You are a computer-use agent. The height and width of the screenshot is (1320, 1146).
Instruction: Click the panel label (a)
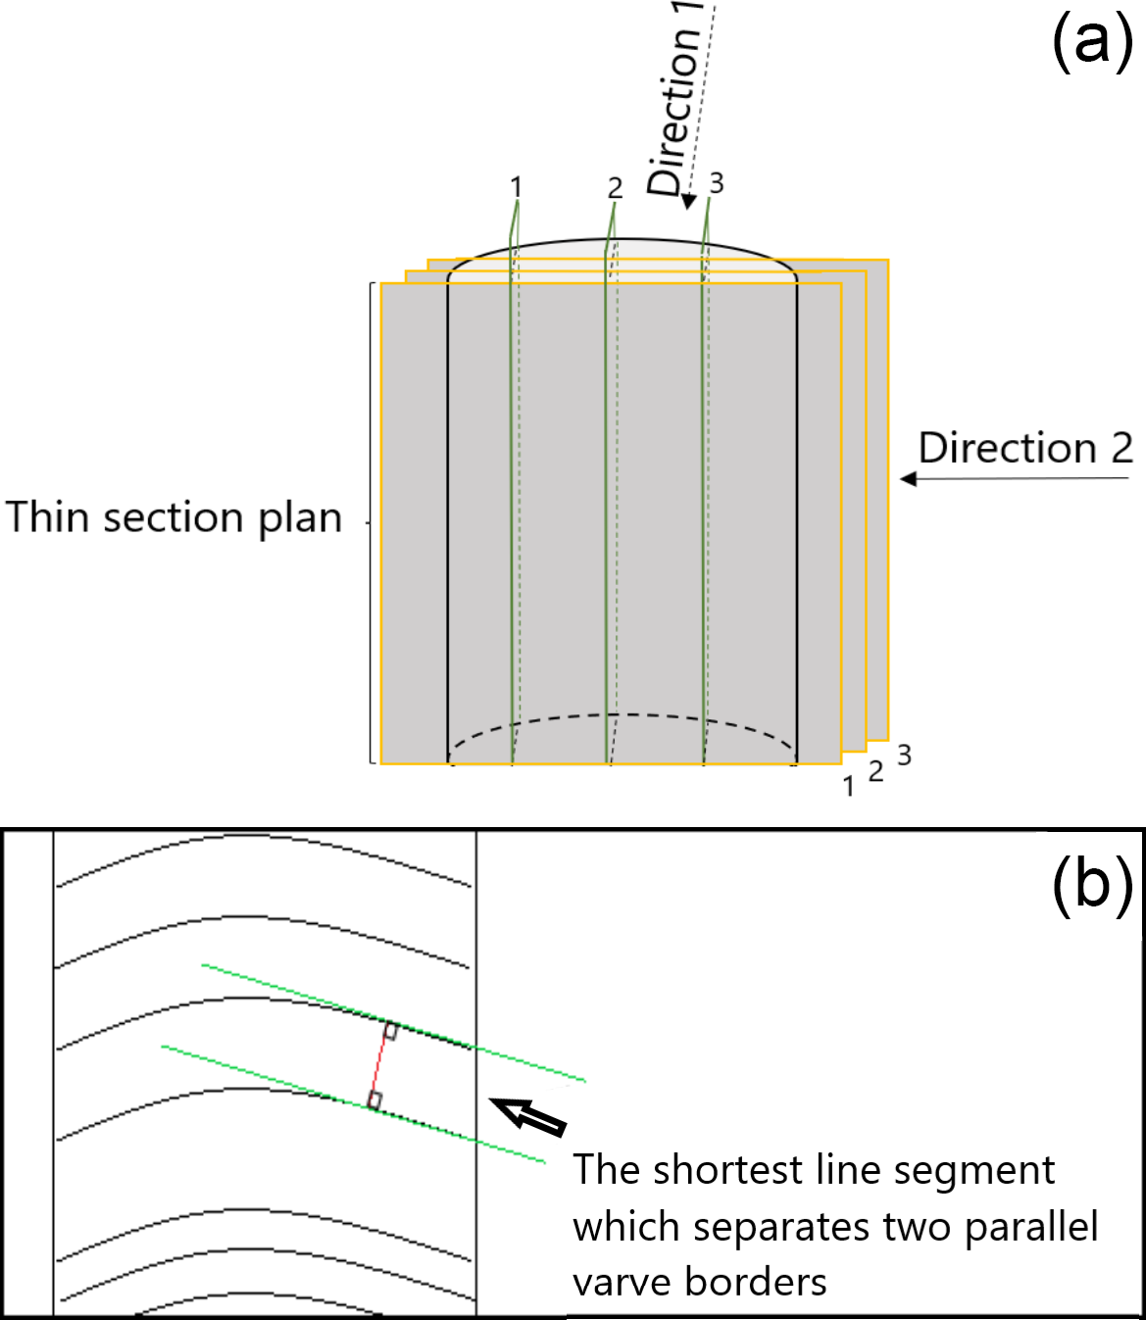(1092, 45)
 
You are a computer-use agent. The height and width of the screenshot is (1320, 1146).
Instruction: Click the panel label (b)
(1092, 884)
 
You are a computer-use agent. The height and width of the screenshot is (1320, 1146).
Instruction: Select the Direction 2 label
(1024, 448)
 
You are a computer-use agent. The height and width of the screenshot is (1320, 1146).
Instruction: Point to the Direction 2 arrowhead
(909, 479)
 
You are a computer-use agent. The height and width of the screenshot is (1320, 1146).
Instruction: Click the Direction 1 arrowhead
(688, 201)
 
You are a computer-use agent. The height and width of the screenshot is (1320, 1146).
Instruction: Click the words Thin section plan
(174, 517)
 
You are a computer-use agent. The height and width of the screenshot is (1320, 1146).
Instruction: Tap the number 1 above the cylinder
(516, 186)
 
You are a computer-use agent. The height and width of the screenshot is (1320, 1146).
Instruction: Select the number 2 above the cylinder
(615, 187)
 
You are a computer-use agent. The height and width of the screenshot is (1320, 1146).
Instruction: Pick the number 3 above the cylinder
(717, 183)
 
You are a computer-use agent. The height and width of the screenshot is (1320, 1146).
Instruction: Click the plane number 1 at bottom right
(849, 786)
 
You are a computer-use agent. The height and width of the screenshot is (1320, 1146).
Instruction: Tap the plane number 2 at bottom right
(876, 771)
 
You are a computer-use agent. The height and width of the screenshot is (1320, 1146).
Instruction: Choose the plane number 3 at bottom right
(904, 755)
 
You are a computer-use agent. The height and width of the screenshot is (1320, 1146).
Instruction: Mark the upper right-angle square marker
(390, 1031)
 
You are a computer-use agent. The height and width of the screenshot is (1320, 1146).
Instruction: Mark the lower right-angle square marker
(374, 1100)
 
